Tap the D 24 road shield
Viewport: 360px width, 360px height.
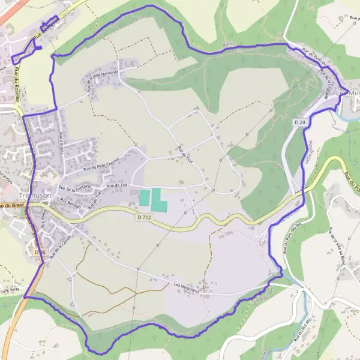coord(300,122)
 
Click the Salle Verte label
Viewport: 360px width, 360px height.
coord(10,290)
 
